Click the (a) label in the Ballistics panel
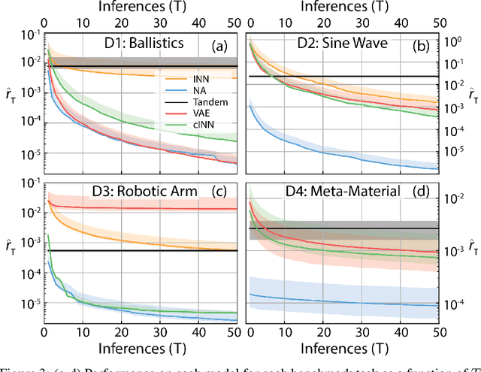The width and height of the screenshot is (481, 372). tap(220, 47)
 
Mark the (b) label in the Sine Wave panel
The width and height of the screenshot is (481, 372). tap(422, 47)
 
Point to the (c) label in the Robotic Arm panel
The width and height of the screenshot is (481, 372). tap(220, 191)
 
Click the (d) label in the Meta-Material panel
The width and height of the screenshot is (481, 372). tap(422, 191)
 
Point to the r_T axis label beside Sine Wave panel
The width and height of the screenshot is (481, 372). tap(471, 95)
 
